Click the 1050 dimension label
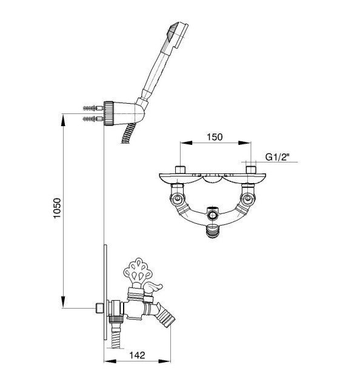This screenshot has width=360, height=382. (57, 209)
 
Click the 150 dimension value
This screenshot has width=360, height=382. (215, 137)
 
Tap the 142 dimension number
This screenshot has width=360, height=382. (137, 355)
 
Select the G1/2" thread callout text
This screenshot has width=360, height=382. (278, 157)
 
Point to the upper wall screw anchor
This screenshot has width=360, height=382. (93, 108)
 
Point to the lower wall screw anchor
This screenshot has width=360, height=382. (93, 119)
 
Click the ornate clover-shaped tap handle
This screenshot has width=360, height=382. (138, 271)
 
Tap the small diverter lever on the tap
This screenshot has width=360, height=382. (152, 288)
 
